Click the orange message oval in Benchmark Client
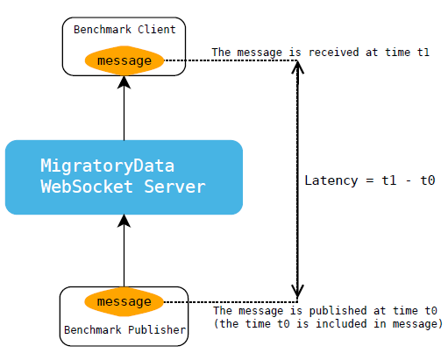pos(124,61)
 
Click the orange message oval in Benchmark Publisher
pos(124,302)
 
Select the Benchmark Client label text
pos(124,29)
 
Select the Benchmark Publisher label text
pos(124,330)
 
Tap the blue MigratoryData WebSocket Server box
pos(124,177)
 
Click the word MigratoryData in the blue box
pos(107,166)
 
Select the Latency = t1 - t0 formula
pos(369,180)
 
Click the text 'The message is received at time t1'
pos(320,53)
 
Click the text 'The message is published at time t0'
pos(325,311)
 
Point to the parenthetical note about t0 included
pos(328,324)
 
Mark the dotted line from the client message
pos(228,60)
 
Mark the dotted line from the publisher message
pos(228,302)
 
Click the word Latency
pos(330,180)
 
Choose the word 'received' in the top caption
pos(332,53)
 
